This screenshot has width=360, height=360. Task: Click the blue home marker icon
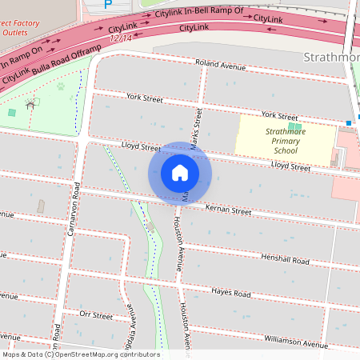click(180, 173)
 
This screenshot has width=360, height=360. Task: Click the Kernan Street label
click(228, 211)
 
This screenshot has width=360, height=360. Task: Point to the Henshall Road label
click(284, 259)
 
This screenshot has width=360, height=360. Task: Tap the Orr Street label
click(97, 316)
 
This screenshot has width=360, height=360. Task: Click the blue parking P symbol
click(109, 4)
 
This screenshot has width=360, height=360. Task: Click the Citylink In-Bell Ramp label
click(200, 15)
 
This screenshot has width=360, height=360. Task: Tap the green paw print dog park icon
click(61, 87)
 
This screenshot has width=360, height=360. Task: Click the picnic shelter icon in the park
click(30, 103)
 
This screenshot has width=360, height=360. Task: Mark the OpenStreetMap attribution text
click(80, 354)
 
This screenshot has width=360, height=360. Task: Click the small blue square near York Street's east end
click(349, 122)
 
